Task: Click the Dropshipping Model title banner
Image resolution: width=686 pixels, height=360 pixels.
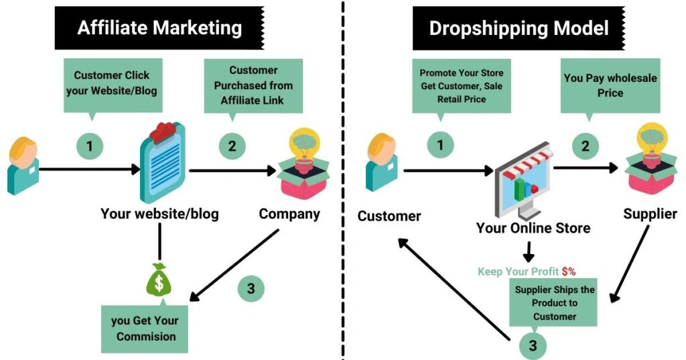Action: pyautogui.click(x=519, y=28)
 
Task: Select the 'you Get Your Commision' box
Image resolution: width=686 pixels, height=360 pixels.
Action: pyautogui.click(x=145, y=328)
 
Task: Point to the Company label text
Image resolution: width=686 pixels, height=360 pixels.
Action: pyautogui.click(x=289, y=215)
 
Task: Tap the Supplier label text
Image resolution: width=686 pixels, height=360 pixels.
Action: pyautogui.click(x=650, y=215)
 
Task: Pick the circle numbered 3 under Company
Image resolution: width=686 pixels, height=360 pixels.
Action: pyautogui.click(x=251, y=289)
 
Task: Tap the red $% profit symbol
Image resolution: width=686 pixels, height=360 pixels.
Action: pyautogui.click(x=569, y=272)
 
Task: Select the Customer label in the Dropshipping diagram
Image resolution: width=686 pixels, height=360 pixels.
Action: pyautogui.click(x=389, y=216)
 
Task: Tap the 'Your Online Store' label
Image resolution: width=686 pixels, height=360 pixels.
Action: pyautogui.click(x=533, y=228)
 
